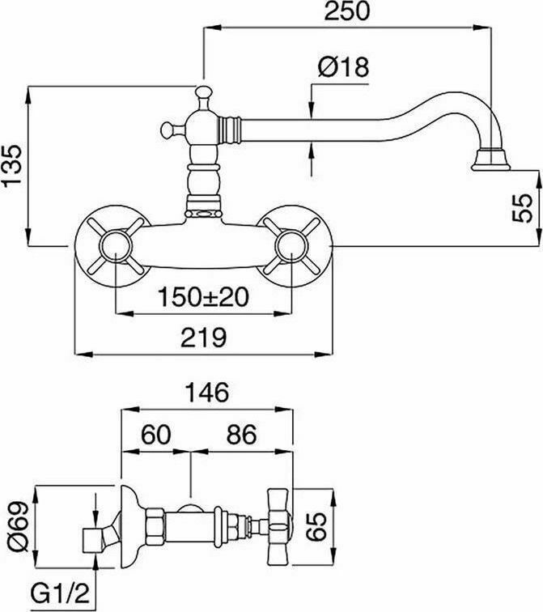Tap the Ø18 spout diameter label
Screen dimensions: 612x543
(x=343, y=68)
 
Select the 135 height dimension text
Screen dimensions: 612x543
(x=14, y=167)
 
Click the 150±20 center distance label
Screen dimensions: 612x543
(x=203, y=298)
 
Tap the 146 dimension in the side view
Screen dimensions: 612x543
(x=205, y=393)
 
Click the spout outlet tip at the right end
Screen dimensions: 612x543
(x=491, y=161)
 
